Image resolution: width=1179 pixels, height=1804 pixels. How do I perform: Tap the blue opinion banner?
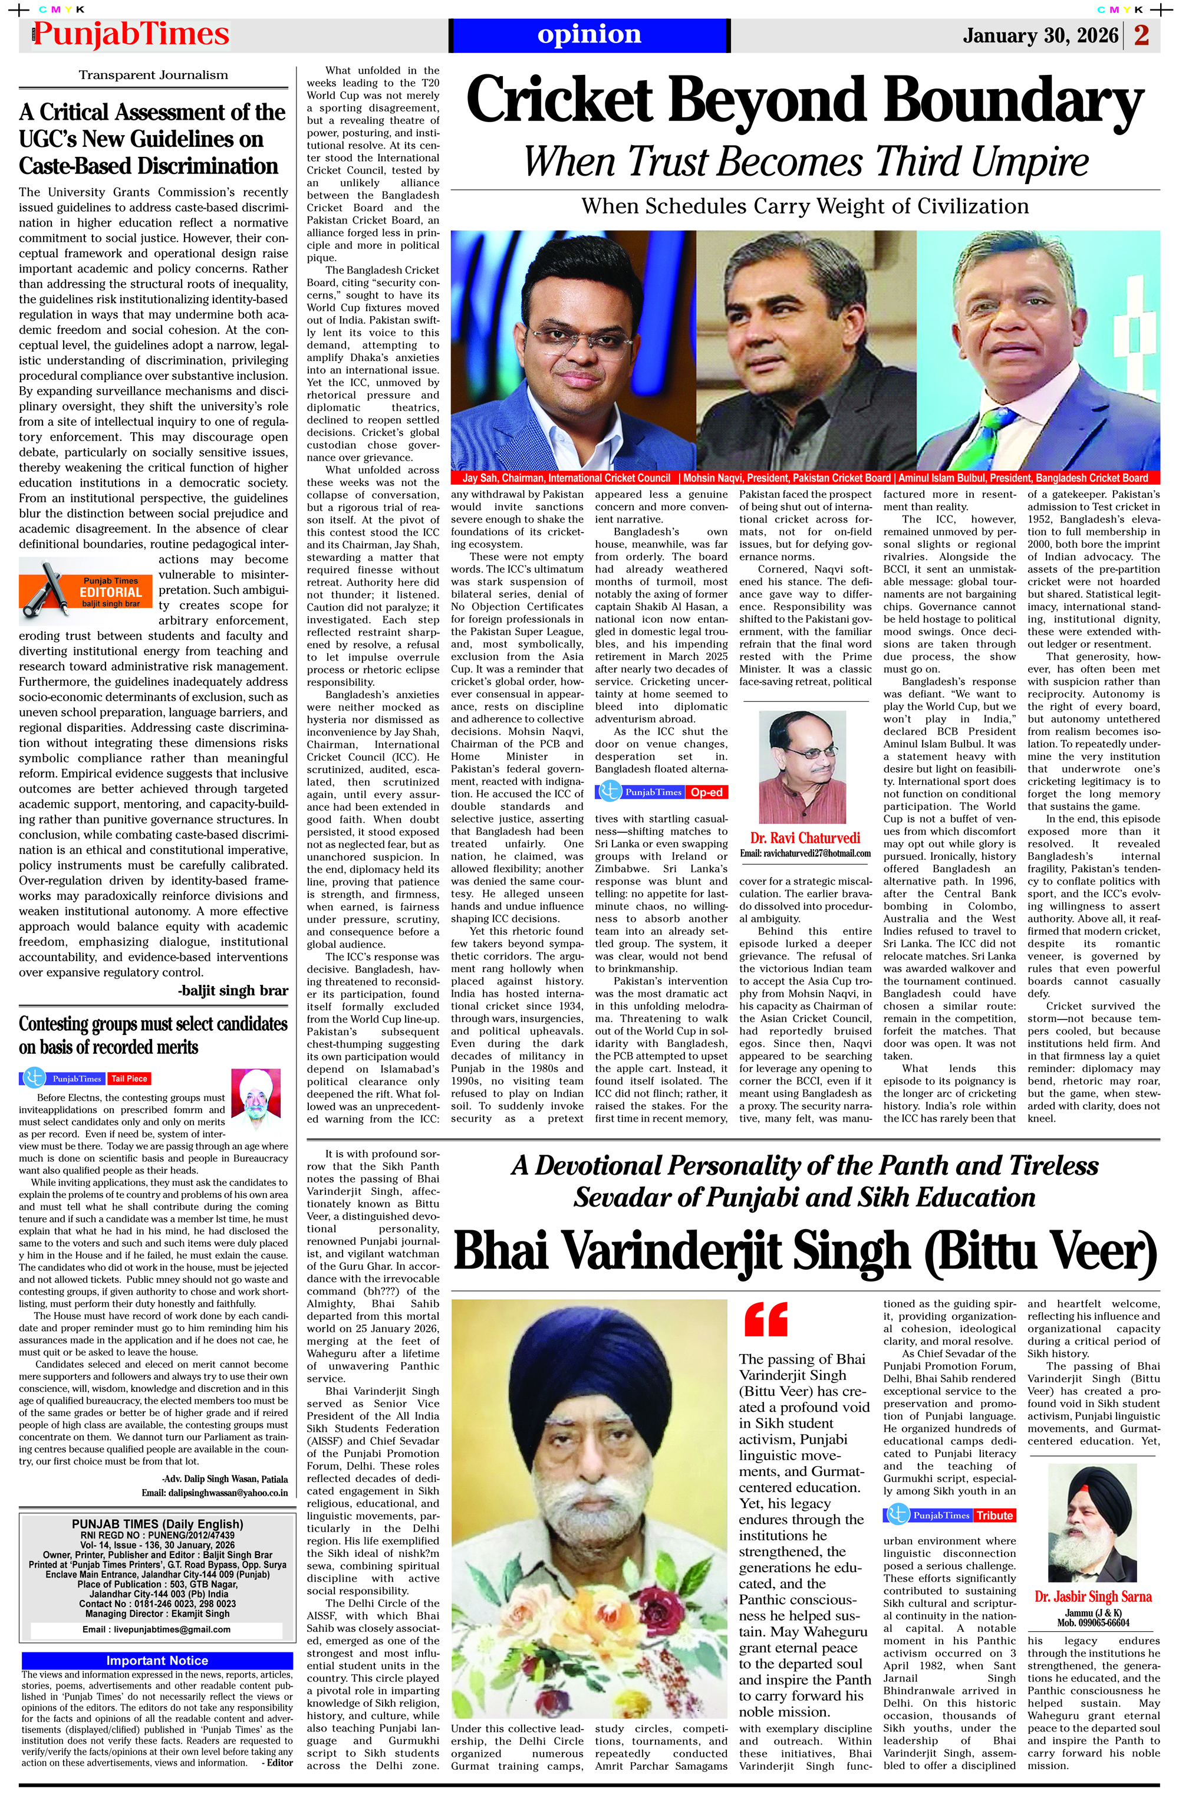coord(589,35)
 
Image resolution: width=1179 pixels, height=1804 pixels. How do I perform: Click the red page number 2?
coord(1142,35)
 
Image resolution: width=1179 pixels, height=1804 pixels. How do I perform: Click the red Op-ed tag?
coord(706,792)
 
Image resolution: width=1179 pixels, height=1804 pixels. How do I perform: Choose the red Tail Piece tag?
coord(129,1079)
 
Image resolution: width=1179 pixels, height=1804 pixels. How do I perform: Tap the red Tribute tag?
coord(994,1515)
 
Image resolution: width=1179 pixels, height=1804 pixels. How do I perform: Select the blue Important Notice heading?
coord(157,1661)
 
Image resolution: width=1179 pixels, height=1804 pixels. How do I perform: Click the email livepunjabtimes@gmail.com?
coord(156,1629)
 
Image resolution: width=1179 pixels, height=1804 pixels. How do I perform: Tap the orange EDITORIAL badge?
coord(112,592)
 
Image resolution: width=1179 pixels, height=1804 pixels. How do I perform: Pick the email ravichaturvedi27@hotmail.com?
coord(805,853)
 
